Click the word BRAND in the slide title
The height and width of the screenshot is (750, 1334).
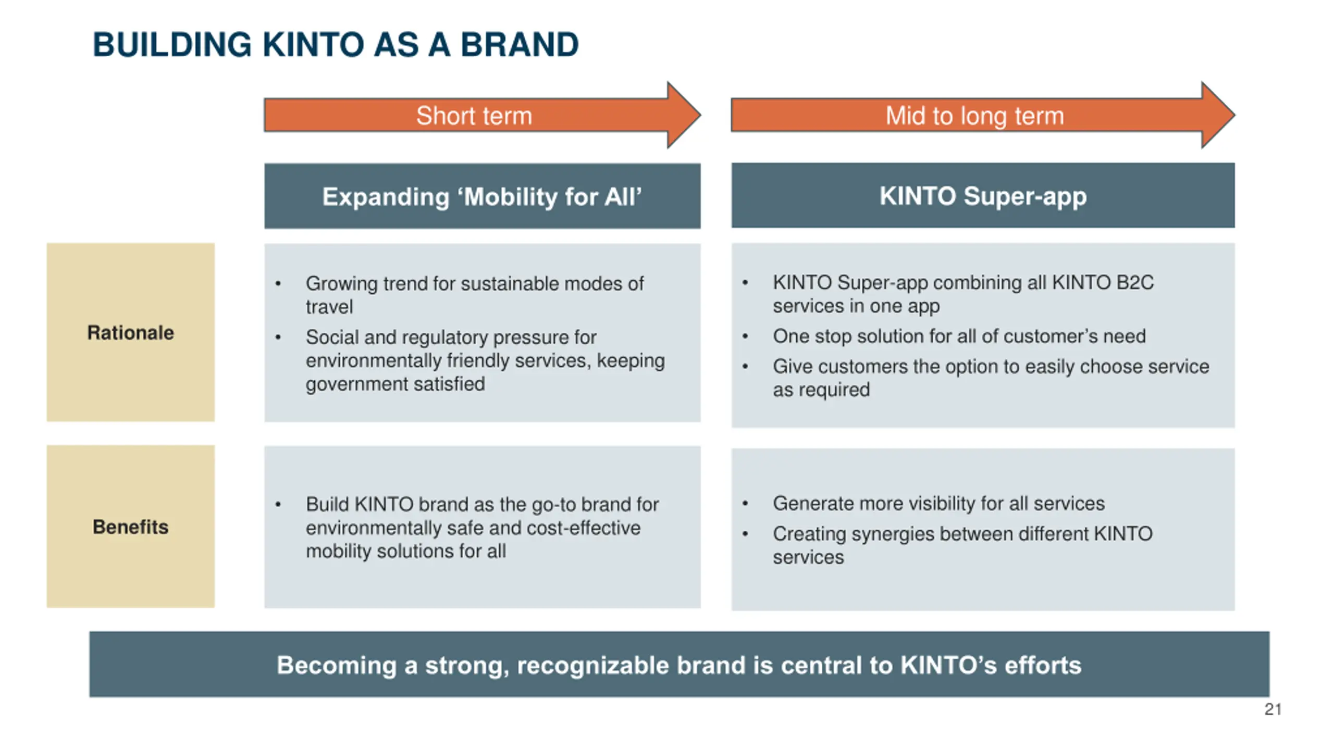519,45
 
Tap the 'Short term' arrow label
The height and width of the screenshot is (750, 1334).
474,116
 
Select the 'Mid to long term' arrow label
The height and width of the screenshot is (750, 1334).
974,116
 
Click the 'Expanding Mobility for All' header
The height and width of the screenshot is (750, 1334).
482,197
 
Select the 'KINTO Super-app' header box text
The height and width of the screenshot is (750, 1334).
983,196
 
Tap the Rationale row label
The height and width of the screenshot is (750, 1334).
130,333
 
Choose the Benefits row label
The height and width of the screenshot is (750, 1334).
130,527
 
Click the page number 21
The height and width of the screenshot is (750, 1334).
1273,709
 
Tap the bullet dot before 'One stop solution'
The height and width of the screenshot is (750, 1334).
745,336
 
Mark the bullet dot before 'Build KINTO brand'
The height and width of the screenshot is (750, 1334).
278,504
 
